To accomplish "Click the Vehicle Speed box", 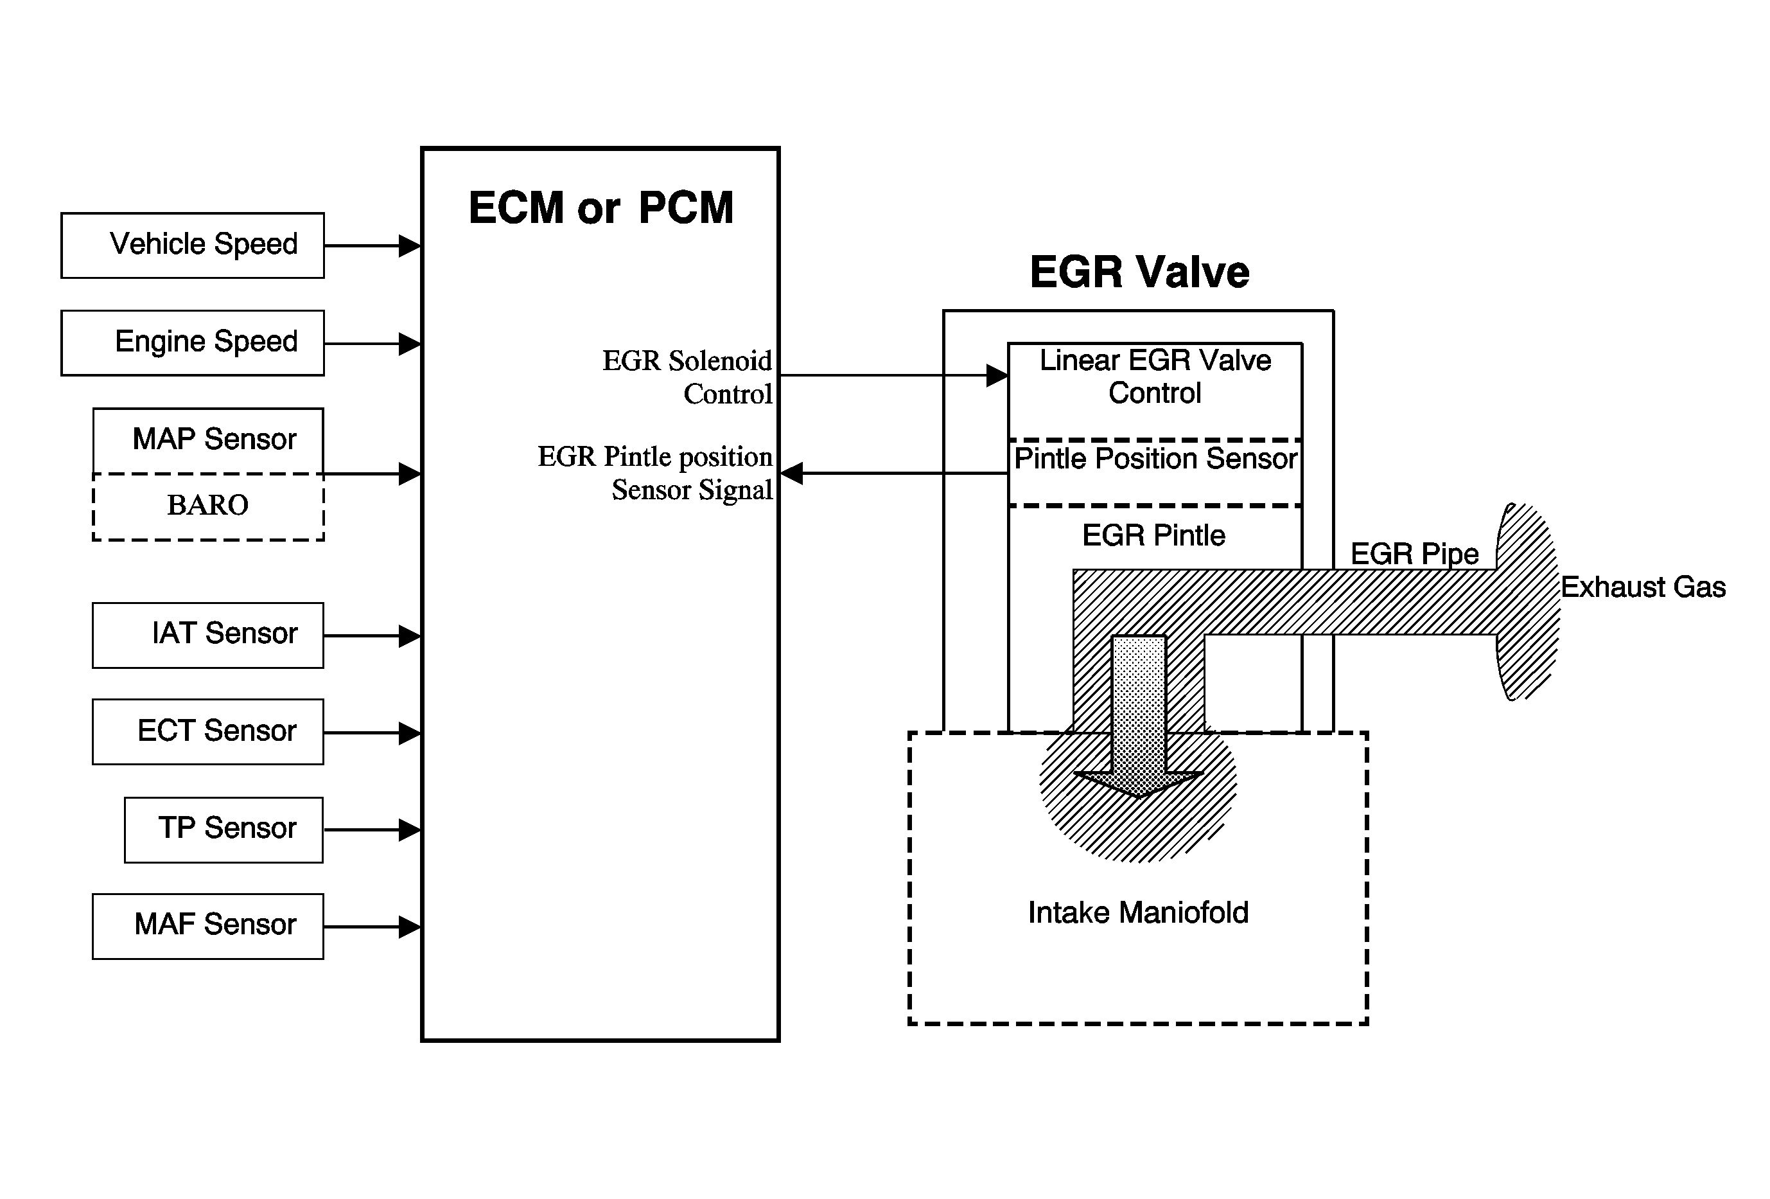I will click(x=193, y=245).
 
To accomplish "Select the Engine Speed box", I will click(x=193, y=342).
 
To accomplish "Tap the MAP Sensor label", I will click(x=213, y=440).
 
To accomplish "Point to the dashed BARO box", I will click(x=208, y=506).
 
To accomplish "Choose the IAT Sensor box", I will click(x=208, y=635).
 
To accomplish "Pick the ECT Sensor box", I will click(x=208, y=732).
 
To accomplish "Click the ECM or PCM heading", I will click(x=600, y=208).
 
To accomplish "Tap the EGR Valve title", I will click(x=1139, y=272).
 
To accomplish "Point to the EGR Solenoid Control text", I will click(x=688, y=377).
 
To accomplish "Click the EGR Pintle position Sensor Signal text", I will click(x=656, y=473).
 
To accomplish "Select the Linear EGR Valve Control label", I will click(x=1155, y=377).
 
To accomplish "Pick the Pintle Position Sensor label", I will click(x=1155, y=459).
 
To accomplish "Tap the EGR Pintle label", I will click(x=1153, y=535).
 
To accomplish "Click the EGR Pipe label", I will click(x=1414, y=554).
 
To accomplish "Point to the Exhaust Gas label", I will click(x=1643, y=587).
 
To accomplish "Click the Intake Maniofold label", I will click(x=1138, y=912).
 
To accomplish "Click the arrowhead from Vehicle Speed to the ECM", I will click(x=410, y=246).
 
